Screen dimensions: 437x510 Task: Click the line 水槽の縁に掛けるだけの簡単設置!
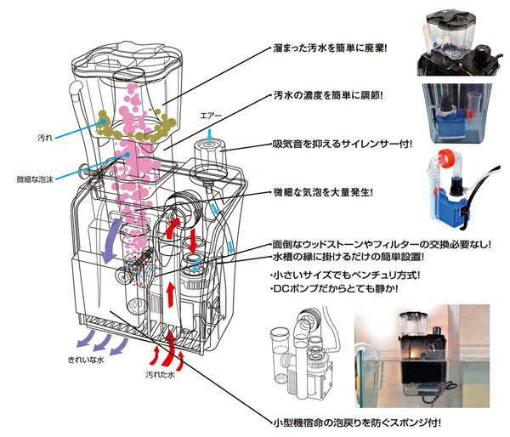click(348, 256)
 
